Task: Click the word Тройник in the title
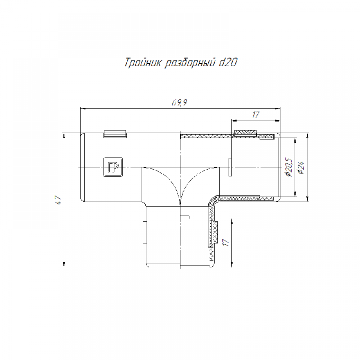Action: pos(143,62)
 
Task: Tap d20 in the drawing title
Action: pos(228,62)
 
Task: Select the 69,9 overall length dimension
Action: pos(179,102)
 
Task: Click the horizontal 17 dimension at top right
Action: pos(256,114)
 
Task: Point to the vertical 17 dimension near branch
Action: pos(226,242)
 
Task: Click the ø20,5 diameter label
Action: pos(288,167)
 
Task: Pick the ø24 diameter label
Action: pos(301,167)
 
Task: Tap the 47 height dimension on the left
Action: pos(58,200)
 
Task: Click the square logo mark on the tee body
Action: pos(113,167)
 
